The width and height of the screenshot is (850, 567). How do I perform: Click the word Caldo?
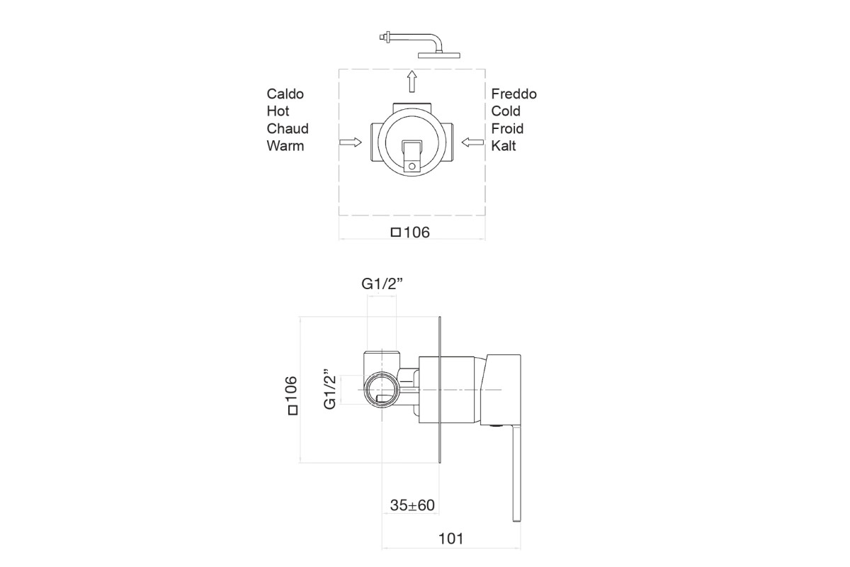[285, 94]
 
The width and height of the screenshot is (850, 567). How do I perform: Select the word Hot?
[278, 111]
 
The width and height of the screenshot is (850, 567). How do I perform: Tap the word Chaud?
[288, 128]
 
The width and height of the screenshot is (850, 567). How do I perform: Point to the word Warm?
[285, 146]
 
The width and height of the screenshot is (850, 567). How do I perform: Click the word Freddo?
[514, 94]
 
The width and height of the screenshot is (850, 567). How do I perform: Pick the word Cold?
[506, 111]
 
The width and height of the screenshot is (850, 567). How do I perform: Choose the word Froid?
[507, 128]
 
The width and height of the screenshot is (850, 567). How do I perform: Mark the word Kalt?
[504, 146]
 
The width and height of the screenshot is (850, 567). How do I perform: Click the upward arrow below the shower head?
[412, 82]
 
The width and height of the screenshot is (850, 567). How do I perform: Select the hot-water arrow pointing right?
[350, 142]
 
